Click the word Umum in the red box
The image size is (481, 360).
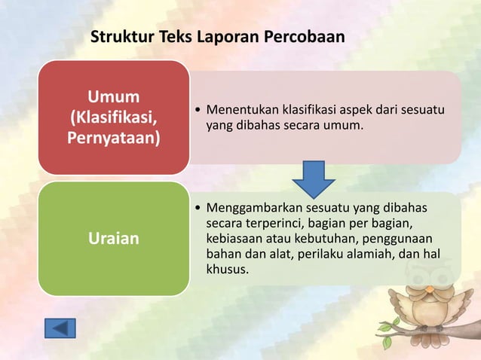point(113,98)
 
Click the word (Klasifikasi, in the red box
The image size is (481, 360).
point(113,119)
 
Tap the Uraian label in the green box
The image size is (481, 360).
point(113,239)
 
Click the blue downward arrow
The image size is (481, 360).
point(314,179)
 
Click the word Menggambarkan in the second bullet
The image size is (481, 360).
point(249,208)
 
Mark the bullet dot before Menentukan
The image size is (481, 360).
point(198,111)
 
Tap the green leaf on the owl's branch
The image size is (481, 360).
point(388,342)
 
